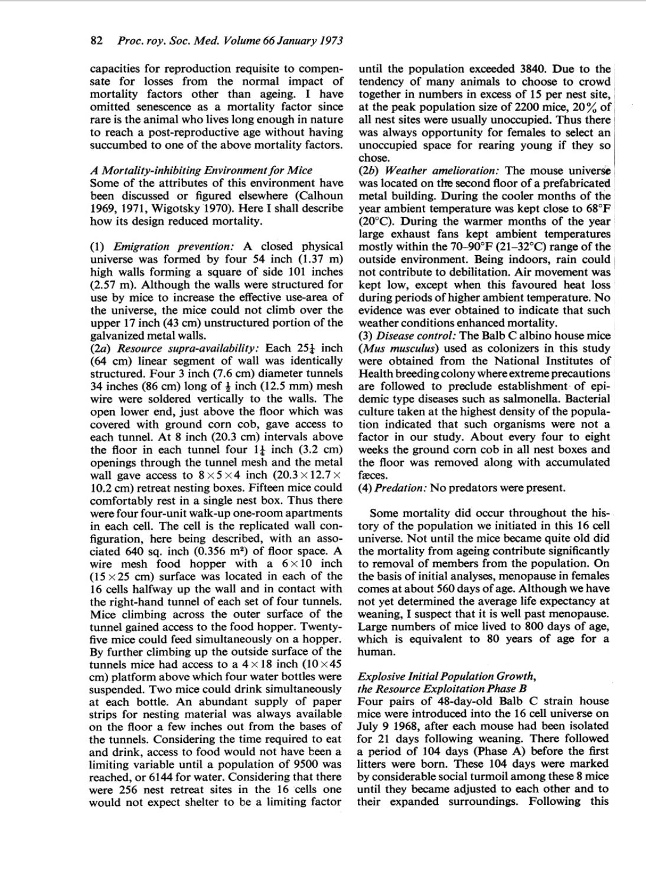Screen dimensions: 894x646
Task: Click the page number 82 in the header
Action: click(x=96, y=41)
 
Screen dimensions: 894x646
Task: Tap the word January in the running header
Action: click(x=298, y=41)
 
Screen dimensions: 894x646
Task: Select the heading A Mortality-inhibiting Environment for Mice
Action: click(x=201, y=171)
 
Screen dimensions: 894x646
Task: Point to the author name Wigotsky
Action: click(x=169, y=208)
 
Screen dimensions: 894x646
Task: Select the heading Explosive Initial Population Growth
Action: click(x=447, y=676)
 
